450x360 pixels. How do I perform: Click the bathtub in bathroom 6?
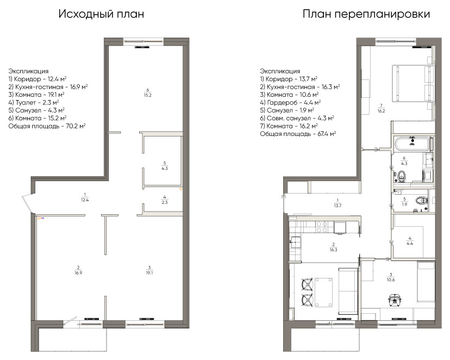412,144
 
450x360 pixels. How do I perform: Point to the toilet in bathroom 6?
401,176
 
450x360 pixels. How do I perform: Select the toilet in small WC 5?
420,200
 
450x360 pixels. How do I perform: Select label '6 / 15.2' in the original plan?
147,92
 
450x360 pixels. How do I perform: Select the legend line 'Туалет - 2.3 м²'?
34,102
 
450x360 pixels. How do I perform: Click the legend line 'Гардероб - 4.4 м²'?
290,102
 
